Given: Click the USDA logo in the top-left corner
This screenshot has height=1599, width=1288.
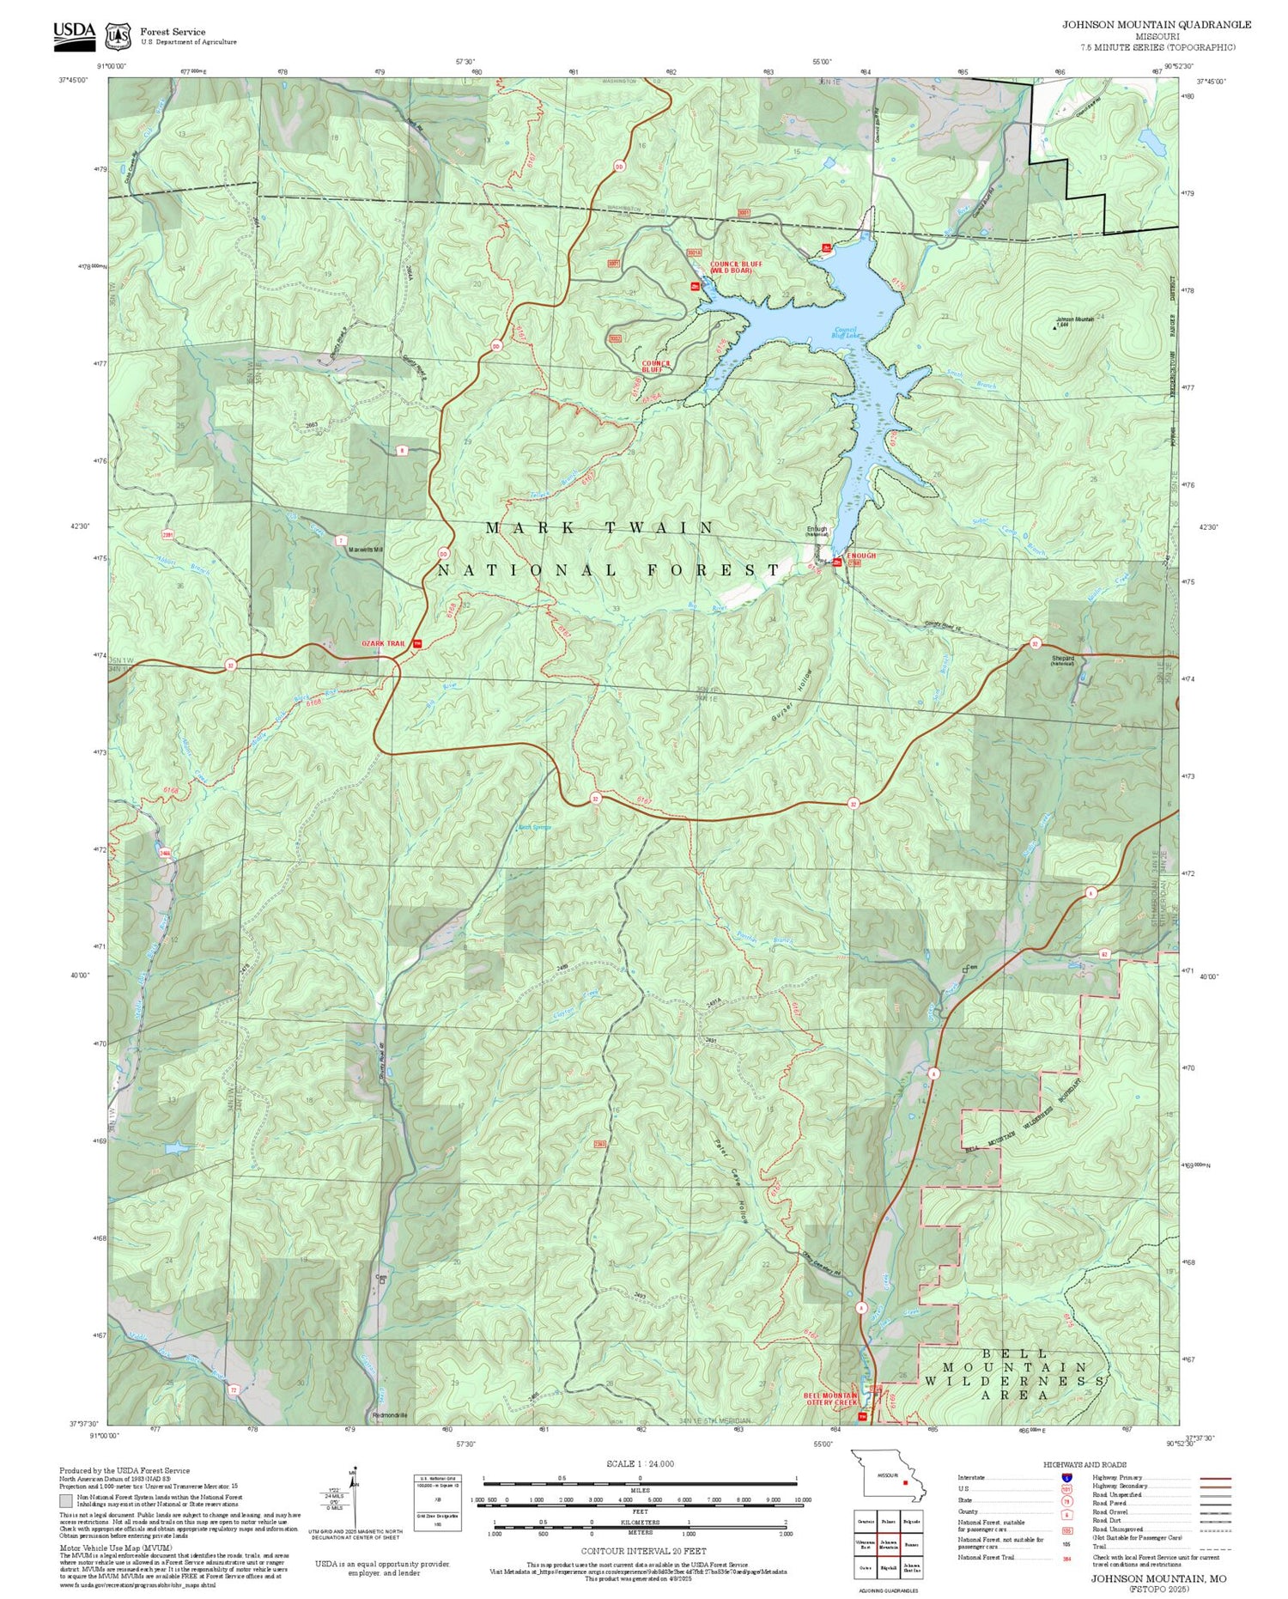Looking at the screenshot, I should [x=74, y=32].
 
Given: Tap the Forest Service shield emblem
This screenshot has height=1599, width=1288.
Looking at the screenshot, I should [x=118, y=36].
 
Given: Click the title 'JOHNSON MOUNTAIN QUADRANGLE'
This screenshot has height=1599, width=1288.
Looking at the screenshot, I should [x=1157, y=25].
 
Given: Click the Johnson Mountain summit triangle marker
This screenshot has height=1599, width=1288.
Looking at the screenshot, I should [x=1056, y=325].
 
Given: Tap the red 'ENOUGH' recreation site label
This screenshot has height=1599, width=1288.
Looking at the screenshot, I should [x=861, y=556].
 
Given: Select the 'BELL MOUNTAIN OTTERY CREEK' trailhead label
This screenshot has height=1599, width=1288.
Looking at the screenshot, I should [x=830, y=1399].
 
